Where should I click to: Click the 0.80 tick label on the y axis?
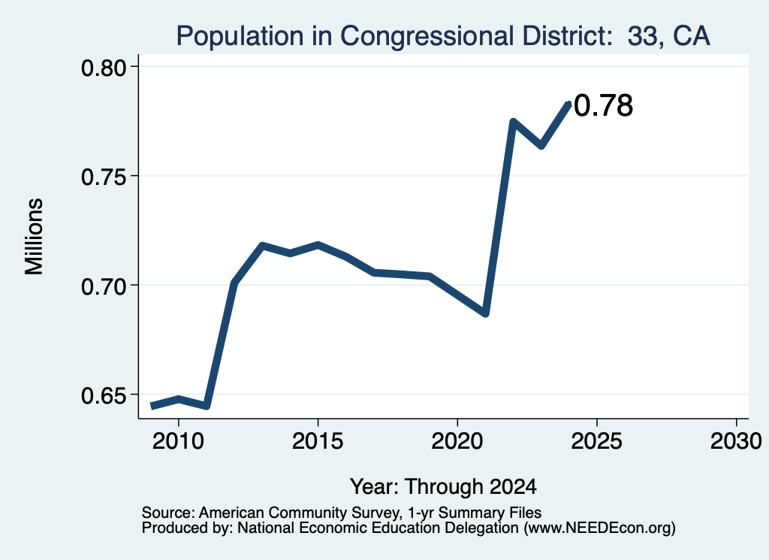click(104, 68)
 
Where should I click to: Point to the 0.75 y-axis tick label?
click(104, 177)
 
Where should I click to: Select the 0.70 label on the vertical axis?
click(104, 286)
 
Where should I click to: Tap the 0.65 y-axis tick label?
click(104, 395)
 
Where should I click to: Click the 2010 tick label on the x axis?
click(178, 441)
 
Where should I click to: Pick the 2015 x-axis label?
click(318, 441)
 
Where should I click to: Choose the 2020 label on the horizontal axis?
click(457, 441)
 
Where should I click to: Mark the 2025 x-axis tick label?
click(597, 441)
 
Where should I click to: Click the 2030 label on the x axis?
click(736, 441)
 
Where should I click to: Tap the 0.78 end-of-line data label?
click(603, 105)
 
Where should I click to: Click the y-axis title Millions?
click(34, 237)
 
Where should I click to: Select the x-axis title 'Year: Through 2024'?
click(443, 487)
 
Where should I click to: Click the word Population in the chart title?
click(240, 37)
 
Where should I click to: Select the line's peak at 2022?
click(513, 121)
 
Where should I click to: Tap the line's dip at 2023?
click(541, 146)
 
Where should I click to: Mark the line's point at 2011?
click(207, 406)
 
